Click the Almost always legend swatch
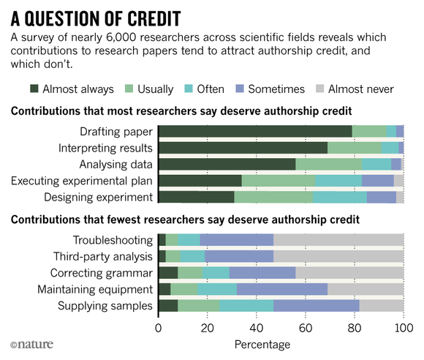tap(34, 89)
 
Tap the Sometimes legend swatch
tap(240, 89)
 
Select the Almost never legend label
tap(361, 89)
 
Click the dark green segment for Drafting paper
tap(255, 131)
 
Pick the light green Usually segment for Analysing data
tap(329, 165)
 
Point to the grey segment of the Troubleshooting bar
tap(338, 240)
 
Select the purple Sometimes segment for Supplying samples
tap(317, 306)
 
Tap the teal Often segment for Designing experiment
tap(340, 197)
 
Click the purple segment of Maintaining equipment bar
tap(282, 289)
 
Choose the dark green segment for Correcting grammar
tap(168, 273)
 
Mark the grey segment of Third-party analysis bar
tap(338, 256)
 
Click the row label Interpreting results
tap(105, 149)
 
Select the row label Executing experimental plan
tap(82, 181)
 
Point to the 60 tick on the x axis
tap(306, 316)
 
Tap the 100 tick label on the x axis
tap(404, 328)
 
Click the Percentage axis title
tap(262, 345)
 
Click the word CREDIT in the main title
tap(154, 19)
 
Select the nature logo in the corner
tap(32, 345)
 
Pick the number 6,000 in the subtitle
tap(121, 37)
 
